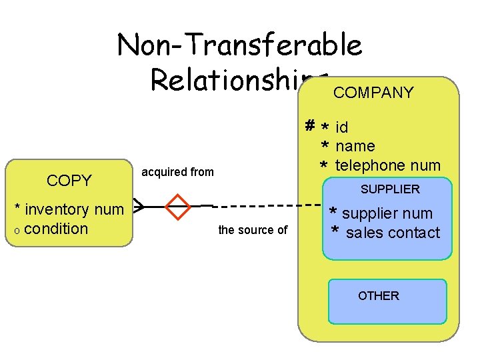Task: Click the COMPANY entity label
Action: (x=373, y=93)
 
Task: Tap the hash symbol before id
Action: (x=310, y=125)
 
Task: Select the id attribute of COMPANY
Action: (x=341, y=127)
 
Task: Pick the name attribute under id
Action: (x=355, y=146)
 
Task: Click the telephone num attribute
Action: (x=387, y=165)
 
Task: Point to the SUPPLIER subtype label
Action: (x=390, y=189)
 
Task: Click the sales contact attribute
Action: (x=393, y=233)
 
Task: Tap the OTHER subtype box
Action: (x=387, y=301)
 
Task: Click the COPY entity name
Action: (x=69, y=181)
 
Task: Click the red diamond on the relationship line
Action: (x=179, y=207)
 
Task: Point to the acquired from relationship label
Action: (x=177, y=172)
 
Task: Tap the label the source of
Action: (x=253, y=230)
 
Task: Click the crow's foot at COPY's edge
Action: (x=138, y=206)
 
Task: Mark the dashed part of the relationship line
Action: (x=267, y=205)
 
